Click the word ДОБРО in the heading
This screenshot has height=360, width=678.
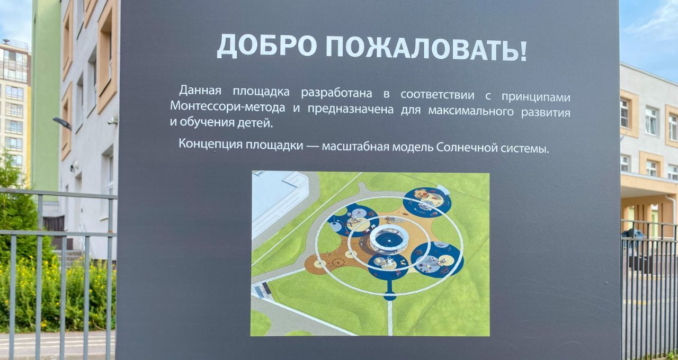tap(267, 46)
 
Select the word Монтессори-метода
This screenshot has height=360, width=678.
tap(227, 106)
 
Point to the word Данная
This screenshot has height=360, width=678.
tap(200, 90)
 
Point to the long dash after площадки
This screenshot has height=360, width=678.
tap(312, 146)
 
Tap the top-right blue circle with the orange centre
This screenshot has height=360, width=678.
tap(427, 202)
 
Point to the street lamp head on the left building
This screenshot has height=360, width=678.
tap(62, 122)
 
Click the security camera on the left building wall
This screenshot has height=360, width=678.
tap(113, 120)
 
